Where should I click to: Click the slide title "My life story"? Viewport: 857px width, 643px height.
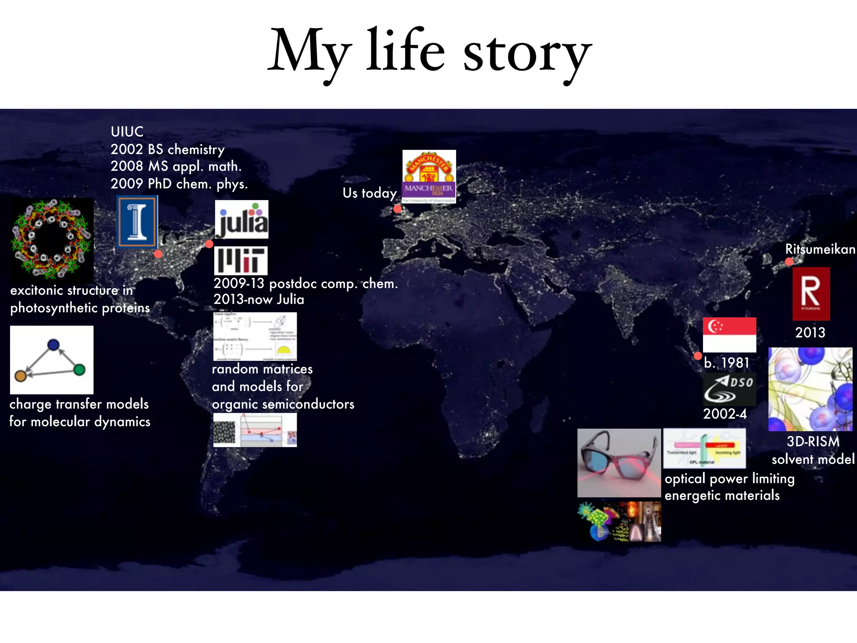tap(429, 52)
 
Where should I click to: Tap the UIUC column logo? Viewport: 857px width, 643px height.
tap(137, 222)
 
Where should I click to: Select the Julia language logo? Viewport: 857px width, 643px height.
tap(241, 219)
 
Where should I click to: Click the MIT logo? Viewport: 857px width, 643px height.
tap(241, 260)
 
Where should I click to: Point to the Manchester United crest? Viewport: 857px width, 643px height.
tap(429, 166)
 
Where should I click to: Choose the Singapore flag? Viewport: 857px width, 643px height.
tap(729, 334)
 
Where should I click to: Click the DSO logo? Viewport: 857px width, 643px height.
tap(729, 389)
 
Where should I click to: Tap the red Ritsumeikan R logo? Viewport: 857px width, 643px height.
tap(811, 293)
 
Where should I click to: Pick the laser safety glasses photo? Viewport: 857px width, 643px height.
tap(619, 463)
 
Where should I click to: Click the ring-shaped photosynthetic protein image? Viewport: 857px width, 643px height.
tap(51, 239)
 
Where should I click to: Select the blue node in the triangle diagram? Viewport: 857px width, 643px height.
tap(54, 345)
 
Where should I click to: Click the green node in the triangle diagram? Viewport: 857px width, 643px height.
tap(79, 370)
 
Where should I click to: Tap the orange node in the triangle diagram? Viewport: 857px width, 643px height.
tap(21, 376)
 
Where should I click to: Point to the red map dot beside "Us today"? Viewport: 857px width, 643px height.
tap(398, 208)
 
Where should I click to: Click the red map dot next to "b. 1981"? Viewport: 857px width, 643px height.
tap(698, 356)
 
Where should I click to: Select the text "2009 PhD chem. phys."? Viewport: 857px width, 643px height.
tap(179, 184)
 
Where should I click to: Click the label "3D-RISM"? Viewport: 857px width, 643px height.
tap(813, 442)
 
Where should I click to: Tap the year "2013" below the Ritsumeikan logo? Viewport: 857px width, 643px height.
tap(810, 332)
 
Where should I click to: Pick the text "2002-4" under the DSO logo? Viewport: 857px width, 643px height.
tap(725, 414)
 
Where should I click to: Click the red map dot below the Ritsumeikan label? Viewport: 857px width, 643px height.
tap(789, 262)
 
